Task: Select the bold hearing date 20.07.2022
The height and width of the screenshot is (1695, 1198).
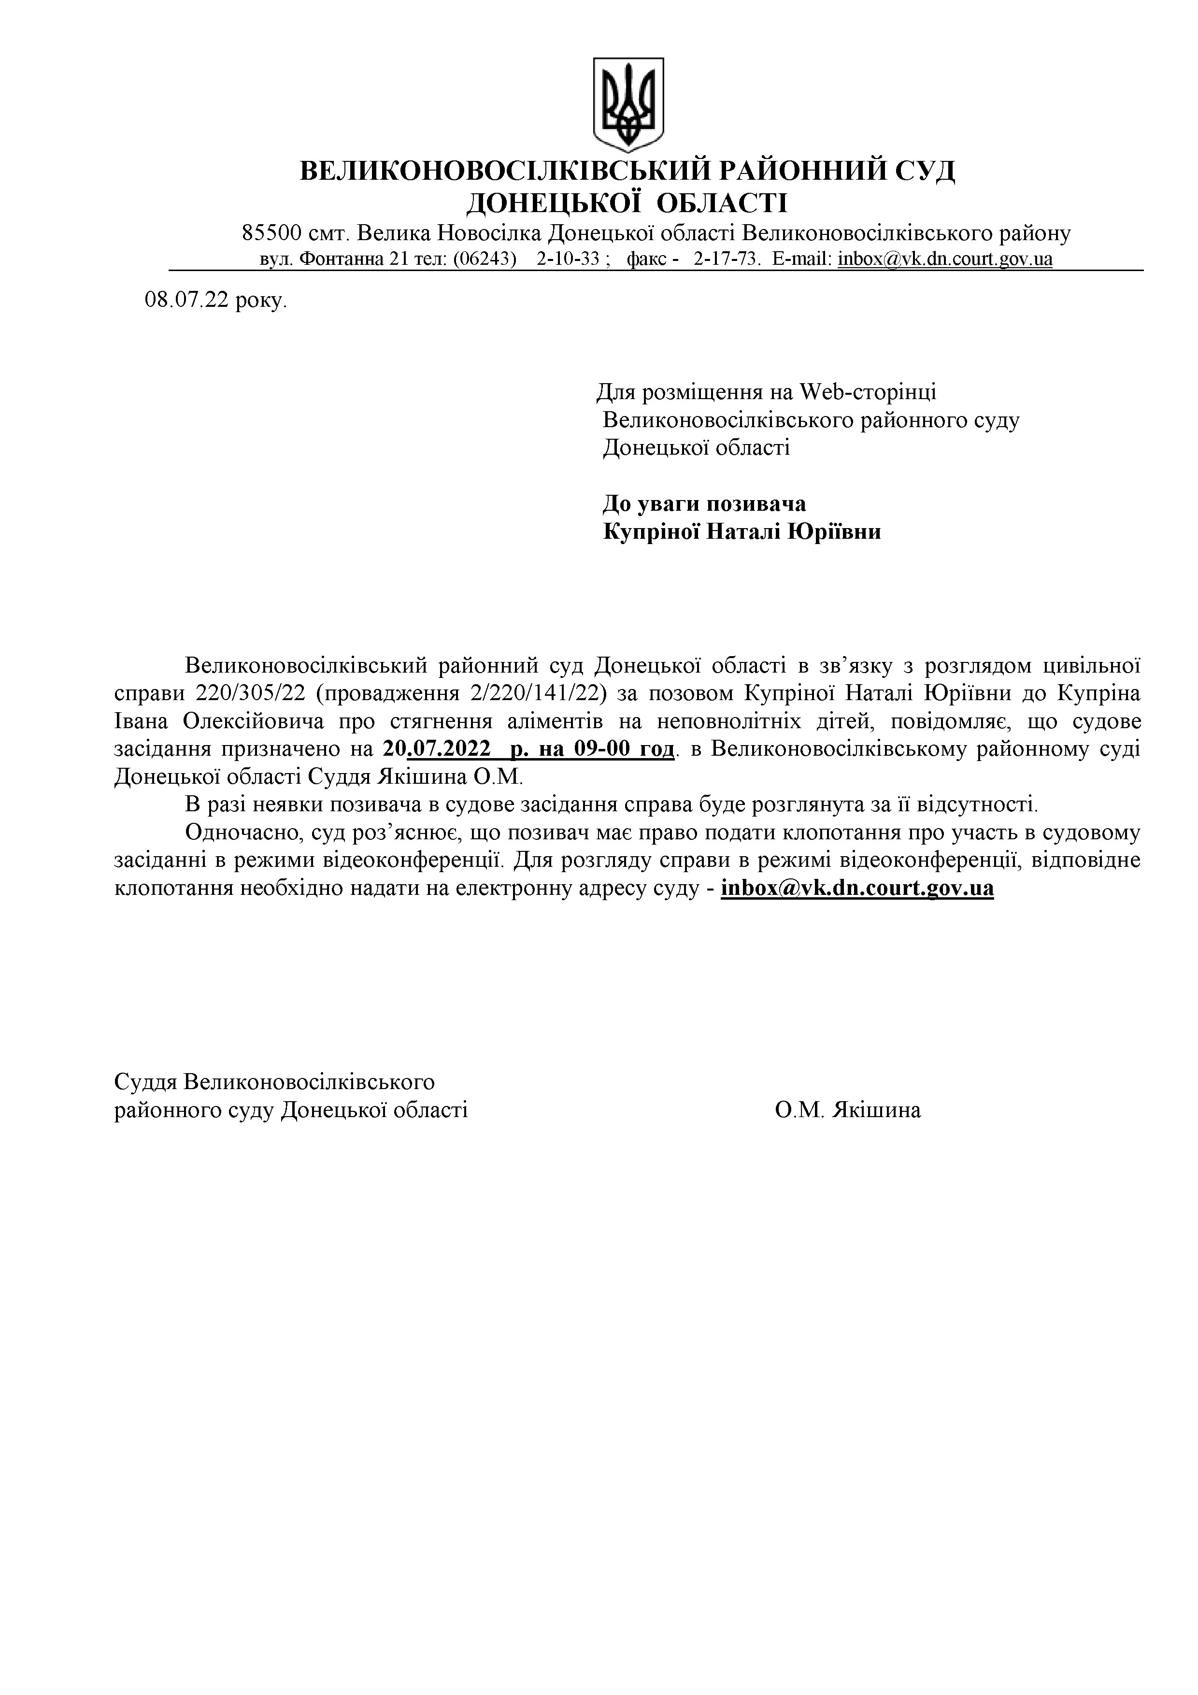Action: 438,749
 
